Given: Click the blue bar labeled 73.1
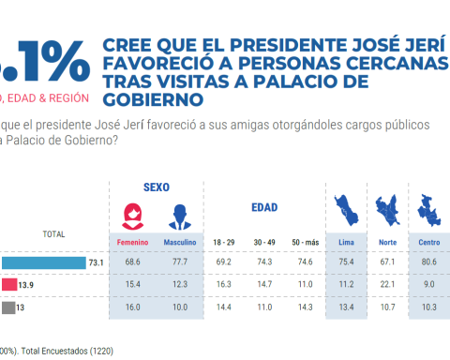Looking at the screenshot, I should click(42, 263).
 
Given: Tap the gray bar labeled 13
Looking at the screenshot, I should click(7, 307).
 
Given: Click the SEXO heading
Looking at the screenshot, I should click(156, 187).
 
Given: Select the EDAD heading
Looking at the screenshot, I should click(265, 206).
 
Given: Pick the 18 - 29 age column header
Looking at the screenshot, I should click(224, 243).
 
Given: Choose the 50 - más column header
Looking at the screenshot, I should click(304, 243).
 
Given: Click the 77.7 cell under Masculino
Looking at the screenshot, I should click(180, 264).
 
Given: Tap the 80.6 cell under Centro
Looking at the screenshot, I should click(429, 264).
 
